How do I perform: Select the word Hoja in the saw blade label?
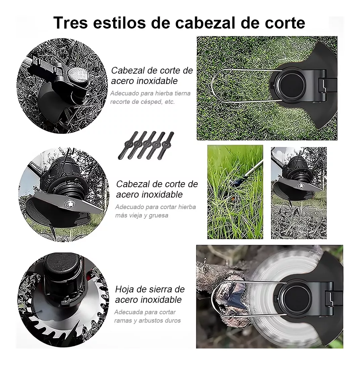126,289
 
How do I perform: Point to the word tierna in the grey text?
182,93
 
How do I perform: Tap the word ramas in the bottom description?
123,320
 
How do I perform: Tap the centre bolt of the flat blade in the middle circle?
70,204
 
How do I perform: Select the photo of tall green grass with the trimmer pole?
235,192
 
